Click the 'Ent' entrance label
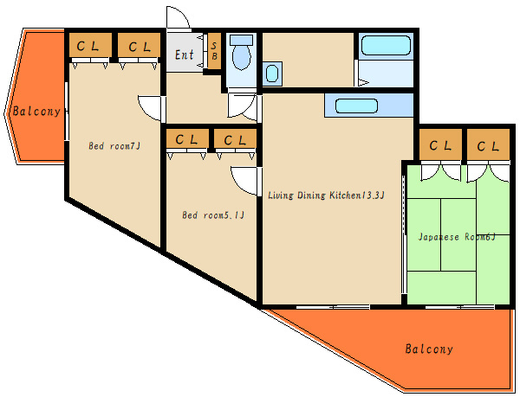tap(185, 54)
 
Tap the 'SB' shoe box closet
tap(214, 51)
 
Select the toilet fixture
tap(242, 52)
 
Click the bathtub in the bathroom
tap(386, 45)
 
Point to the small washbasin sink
tap(272, 74)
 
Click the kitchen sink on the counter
tap(356, 106)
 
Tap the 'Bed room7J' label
tap(114, 146)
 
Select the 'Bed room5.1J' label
tap(213, 215)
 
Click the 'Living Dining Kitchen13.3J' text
tap(326, 195)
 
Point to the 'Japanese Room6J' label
tap(457, 237)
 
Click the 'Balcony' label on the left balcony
tap(36, 112)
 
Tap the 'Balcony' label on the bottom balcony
tap(429, 349)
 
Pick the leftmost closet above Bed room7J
tap(90, 45)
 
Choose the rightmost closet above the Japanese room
tap(488, 144)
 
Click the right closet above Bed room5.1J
tap(235, 138)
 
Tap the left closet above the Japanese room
tap(440, 144)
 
